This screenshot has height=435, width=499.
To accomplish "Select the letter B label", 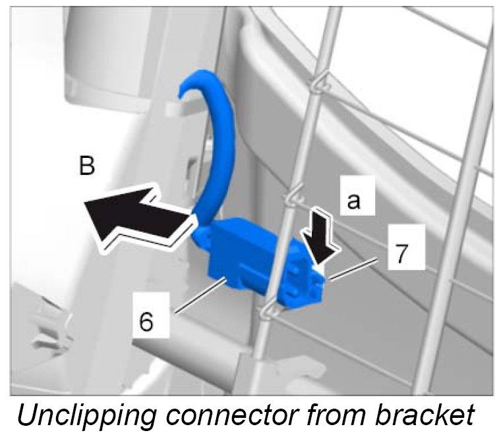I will pos(86,166).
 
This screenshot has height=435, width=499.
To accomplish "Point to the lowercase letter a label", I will pos(353,200).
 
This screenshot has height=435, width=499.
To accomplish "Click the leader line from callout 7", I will pos(356,269).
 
